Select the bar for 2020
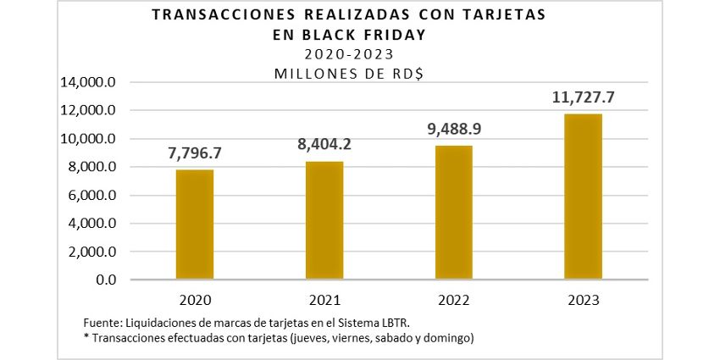195,224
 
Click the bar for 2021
324,220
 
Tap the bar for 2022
454,213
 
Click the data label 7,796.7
195,155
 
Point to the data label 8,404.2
324,145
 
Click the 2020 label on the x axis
195,301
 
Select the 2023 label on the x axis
584,301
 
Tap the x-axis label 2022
454,301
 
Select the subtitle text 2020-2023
348,54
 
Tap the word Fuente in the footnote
102,324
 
